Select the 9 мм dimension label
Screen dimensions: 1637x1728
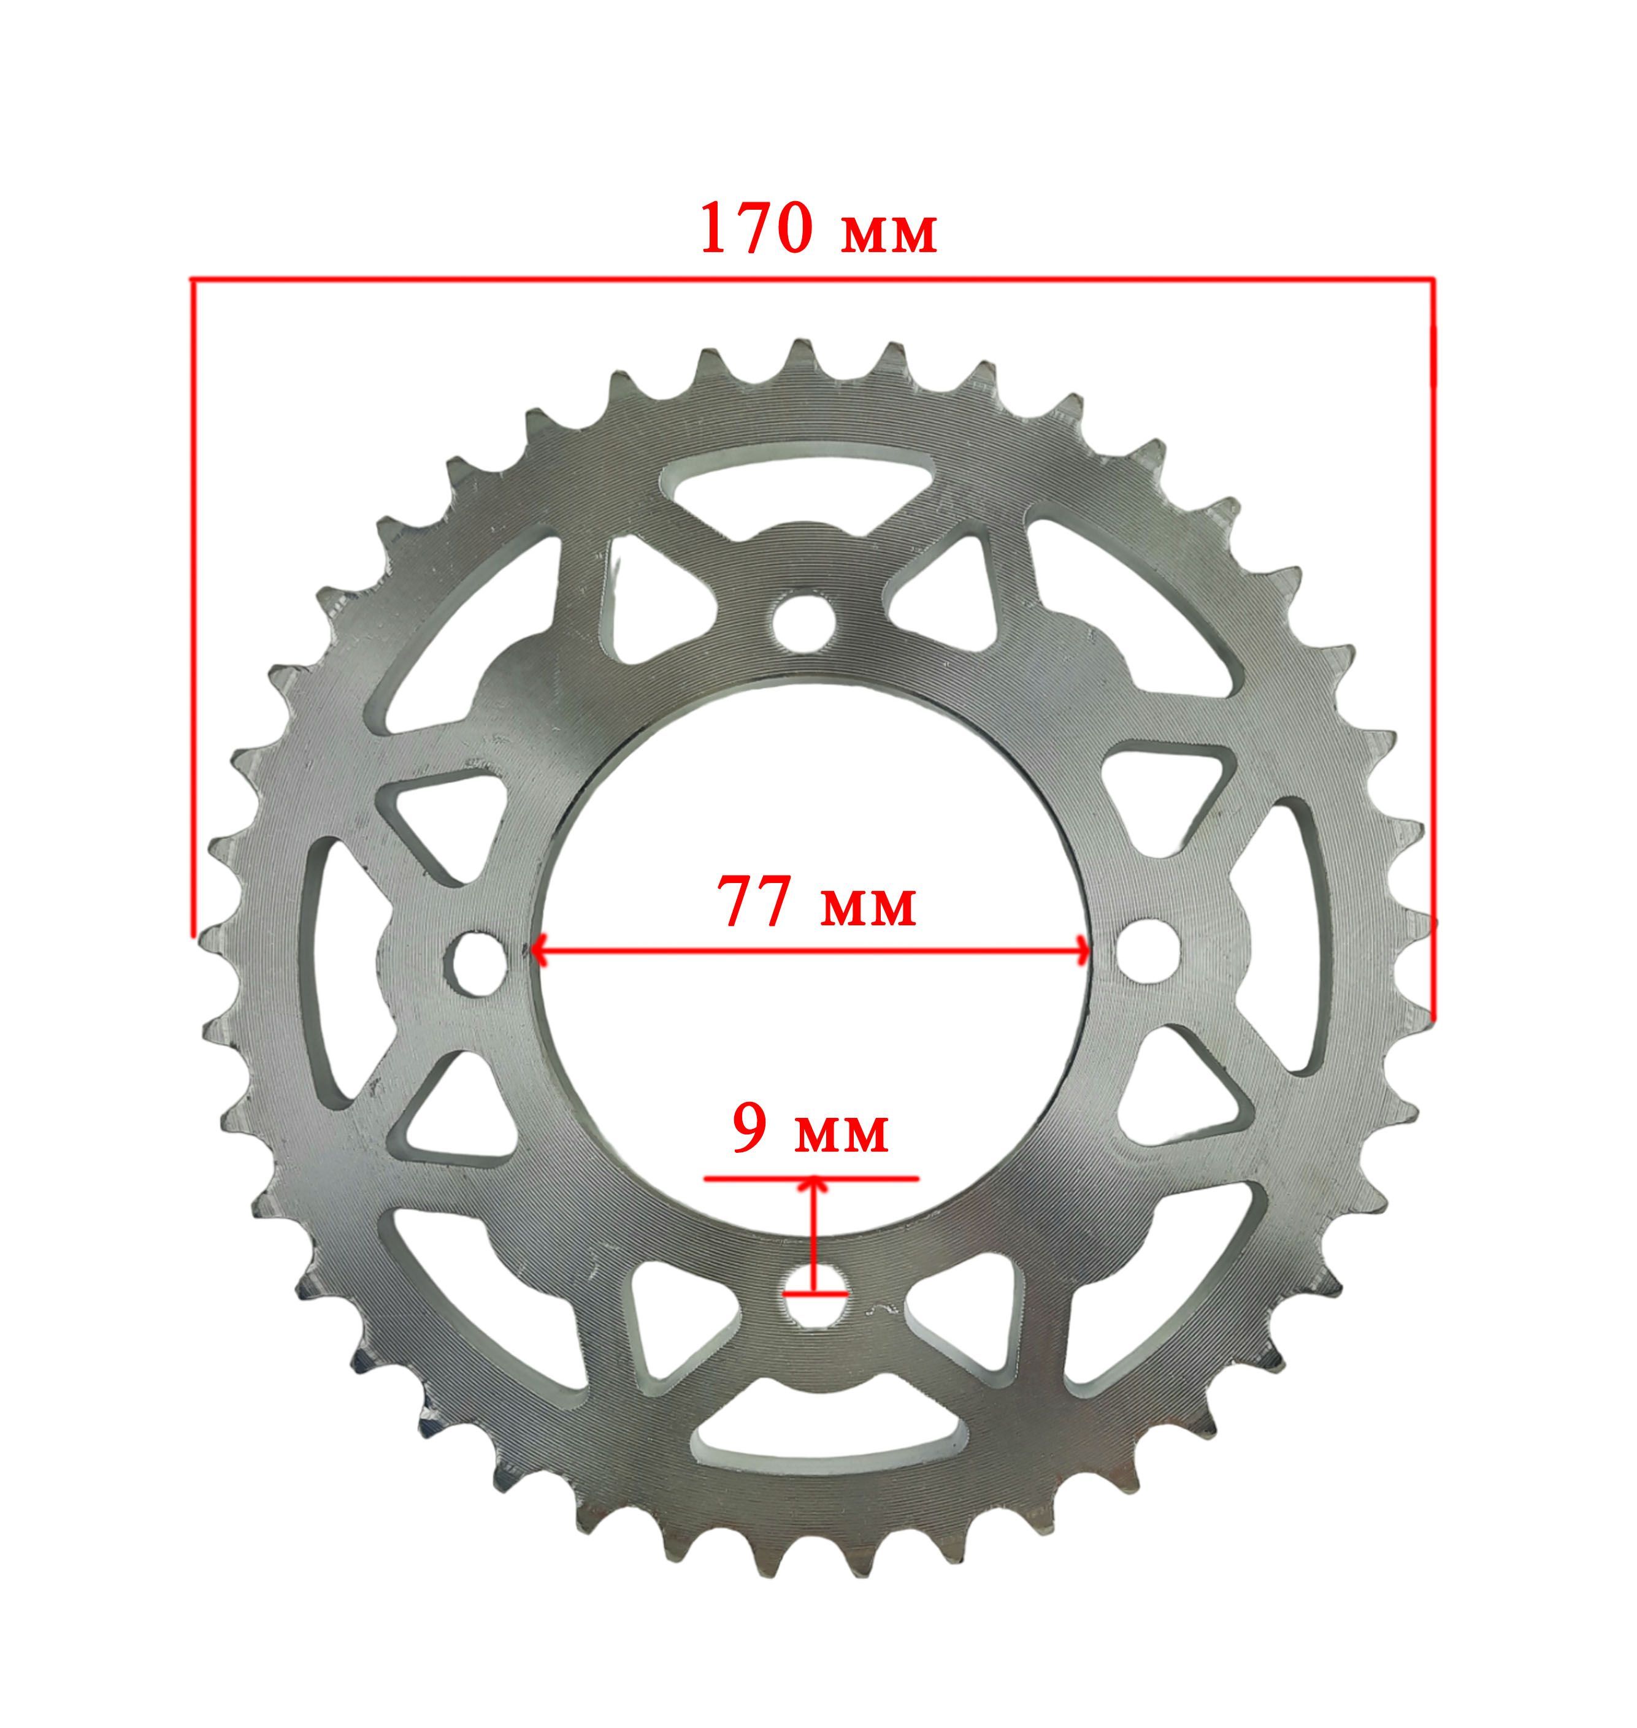point(811,1132)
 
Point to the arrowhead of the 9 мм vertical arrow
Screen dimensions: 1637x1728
point(815,1185)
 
